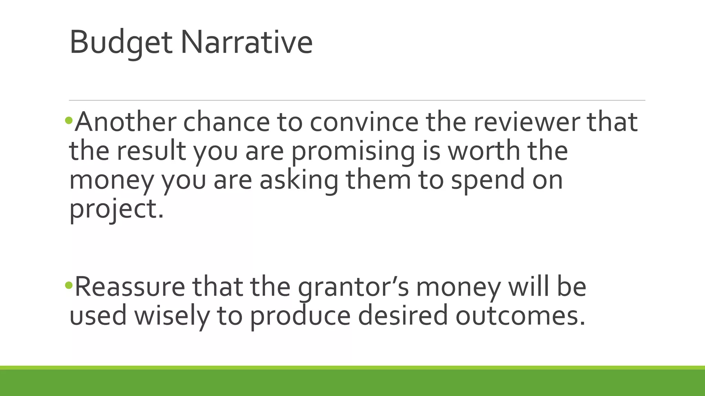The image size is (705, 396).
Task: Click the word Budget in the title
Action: pos(121,43)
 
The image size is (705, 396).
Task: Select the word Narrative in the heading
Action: pos(246,43)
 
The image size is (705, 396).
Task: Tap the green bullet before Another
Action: pos(69,120)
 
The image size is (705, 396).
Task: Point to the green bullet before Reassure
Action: pos(69,285)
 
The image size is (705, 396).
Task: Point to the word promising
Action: pos(353,151)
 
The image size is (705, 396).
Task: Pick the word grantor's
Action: pos(353,287)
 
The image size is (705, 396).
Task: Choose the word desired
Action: pos(403,316)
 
